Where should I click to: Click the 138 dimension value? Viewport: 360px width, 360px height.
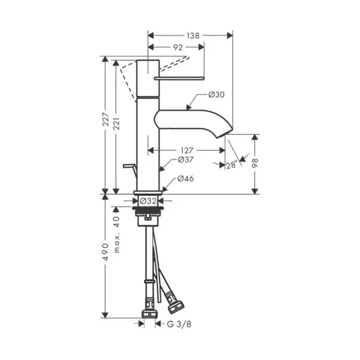coord(193,35)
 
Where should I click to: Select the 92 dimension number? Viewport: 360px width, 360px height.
coord(178,47)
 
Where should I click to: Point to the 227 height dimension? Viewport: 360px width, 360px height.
coord(106,119)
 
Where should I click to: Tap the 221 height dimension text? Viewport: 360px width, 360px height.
coord(116,124)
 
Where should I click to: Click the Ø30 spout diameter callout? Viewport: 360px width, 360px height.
coord(217,94)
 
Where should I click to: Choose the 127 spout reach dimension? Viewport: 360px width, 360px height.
coord(187,151)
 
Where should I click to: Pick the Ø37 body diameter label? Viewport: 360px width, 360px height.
coord(186,160)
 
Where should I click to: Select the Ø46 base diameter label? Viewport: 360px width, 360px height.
coord(185,178)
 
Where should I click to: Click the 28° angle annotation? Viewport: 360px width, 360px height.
coord(232,165)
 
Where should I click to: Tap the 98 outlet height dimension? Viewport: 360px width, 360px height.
coord(255,163)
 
